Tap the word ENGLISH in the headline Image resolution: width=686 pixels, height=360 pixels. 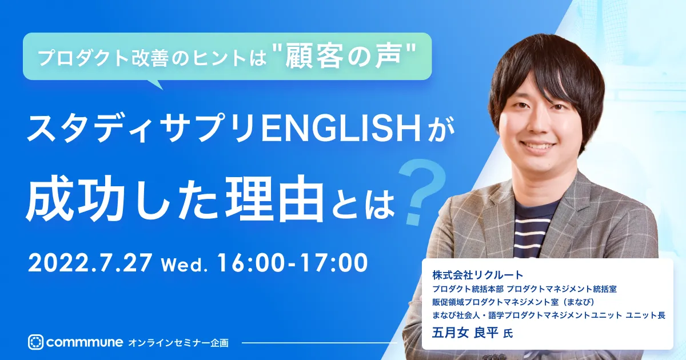pyautogui.click(x=341, y=130)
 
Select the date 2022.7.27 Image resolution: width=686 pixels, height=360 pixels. pyautogui.click(x=90, y=263)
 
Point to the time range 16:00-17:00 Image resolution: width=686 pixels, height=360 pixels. pyautogui.click(x=292, y=263)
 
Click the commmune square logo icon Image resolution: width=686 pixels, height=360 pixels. pyautogui.click(x=36, y=342)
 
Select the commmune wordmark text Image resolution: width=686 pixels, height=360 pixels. pyautogui.click(x=85, y=342)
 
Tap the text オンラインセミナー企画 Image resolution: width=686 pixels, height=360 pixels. pyautogui.click(x=178, y=343)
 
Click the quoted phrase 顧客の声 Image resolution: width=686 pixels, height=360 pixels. pyautogui.click(x=343, y=57)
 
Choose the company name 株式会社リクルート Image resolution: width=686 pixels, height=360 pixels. pyautogui.click(x=478, y=275)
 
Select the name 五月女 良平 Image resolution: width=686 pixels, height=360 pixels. pyautogui.click(x=465, y=333)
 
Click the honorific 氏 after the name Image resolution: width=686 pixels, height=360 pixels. pyautogui.click(x=508, y=334)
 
